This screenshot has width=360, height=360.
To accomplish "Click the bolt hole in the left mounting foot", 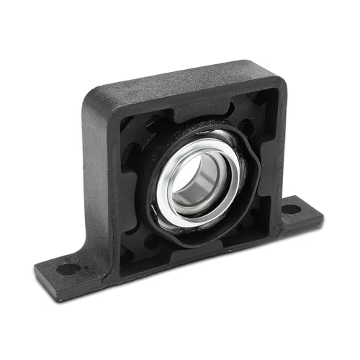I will pos(68,269).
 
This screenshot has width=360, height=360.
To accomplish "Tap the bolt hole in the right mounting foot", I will pos(291,210).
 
